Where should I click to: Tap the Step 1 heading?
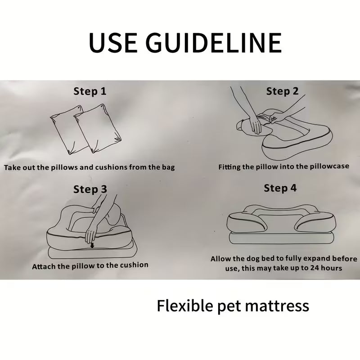[90, 92]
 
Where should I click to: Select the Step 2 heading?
[282, 91]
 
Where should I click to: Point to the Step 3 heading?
[90, 189]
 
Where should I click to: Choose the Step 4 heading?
[280, 188]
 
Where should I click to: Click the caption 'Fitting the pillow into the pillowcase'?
[283, 166]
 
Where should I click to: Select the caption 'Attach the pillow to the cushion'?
[90, 265]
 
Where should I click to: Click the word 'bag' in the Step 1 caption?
[167, 167]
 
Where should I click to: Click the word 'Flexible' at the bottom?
[185, 306]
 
